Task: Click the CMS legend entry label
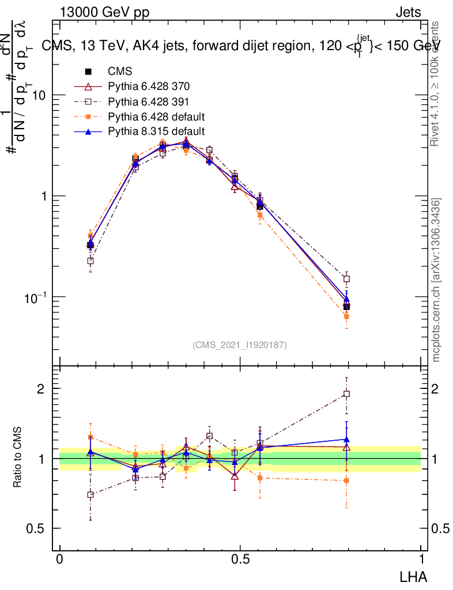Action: (120, 72)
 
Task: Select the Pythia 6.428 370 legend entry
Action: (149, 87)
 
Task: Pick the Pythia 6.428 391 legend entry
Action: (149, 102)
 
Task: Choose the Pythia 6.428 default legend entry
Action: (156, 116)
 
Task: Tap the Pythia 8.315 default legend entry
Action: (156, 131)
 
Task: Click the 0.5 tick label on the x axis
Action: (240, 559)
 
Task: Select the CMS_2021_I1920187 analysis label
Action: (240, 345)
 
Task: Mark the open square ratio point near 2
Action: (346, 394)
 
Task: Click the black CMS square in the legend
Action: (89, 72)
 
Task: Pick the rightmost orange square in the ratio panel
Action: (346, 480)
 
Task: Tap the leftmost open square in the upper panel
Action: (90, 261)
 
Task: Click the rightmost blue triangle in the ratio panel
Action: (346, 440)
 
